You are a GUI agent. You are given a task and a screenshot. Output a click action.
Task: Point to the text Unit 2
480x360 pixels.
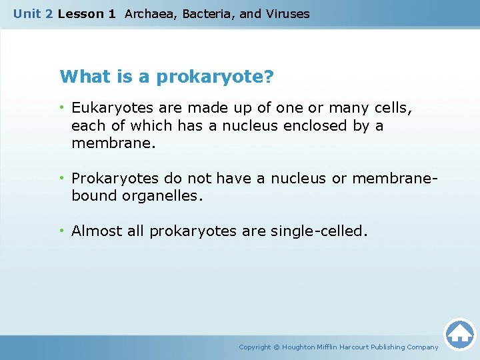click(x=33, y=13)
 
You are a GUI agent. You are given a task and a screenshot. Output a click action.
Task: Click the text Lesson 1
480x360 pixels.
click(x=87, y=13)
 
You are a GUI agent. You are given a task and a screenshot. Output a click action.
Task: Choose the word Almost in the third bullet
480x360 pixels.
click(x=97, y=231)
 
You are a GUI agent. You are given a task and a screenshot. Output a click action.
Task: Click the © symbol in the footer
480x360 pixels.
click(x=277, y=347)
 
